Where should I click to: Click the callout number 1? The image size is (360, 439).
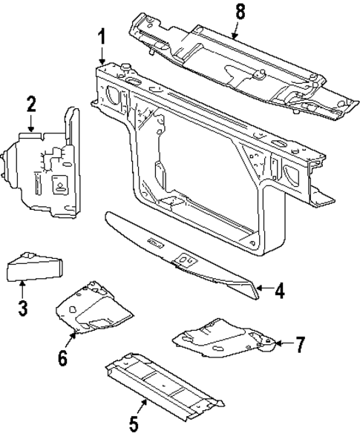102,36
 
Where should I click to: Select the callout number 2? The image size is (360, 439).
30,104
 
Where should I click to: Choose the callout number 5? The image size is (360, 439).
134,424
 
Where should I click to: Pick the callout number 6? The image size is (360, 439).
63,359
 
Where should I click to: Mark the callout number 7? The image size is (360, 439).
300,344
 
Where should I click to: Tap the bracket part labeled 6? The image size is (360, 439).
93,306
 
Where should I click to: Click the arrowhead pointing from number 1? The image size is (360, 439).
102,62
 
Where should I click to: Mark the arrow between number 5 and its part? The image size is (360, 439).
142,409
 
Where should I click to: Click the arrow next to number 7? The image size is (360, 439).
284,343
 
